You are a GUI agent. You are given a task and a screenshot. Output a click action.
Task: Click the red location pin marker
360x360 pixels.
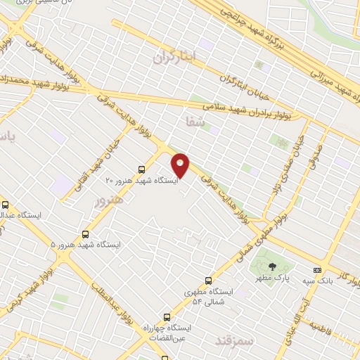(x=181, y=165)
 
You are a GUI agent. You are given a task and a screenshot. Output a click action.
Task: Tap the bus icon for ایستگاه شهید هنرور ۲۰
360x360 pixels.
(x=142, y=169)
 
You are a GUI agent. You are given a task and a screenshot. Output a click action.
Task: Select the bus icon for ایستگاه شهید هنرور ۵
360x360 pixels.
(x=86, y=234)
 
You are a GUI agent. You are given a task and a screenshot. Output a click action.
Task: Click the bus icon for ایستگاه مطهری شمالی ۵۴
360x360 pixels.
(x=207, y=280)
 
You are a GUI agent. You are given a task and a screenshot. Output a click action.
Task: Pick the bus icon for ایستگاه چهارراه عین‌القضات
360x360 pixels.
(x=167, y=316)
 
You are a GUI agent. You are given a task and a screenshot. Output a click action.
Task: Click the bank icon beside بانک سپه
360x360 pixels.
(x=317, y=270)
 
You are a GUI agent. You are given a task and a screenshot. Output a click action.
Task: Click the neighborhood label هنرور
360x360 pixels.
(x=108, y=200)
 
